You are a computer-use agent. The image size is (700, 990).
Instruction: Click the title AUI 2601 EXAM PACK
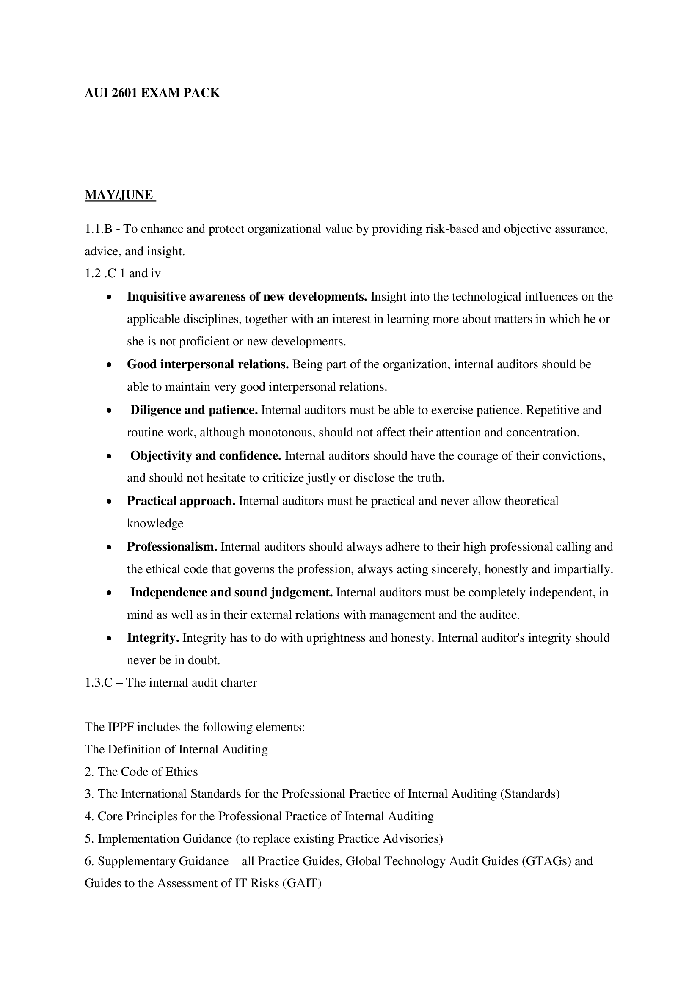pyautogui.click(x=152, y=93)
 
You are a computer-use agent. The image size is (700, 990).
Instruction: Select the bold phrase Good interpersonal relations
pyautogui.click(x=208, y=364)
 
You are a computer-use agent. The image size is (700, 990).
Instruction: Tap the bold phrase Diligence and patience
pyautogui.click(x=194, y=410)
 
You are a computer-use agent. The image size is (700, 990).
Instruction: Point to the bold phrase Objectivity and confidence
pyautogui.click(x=206, y=455)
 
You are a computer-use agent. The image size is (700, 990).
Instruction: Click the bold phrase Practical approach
pyautogui.click(x=181, y=501)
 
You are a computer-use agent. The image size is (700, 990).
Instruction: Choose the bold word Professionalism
pyautogui.click(x=172, y=547)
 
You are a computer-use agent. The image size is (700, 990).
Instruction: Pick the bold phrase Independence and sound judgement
pyautogui.click(x=231, y=593)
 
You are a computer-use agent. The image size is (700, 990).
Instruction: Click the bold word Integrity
pyautogui.click(x=153, y=638)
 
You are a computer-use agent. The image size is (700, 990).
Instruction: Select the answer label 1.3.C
pyautogui.click(x=99, y=683)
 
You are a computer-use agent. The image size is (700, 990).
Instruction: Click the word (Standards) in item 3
pyautogui.click(x=529, y=794)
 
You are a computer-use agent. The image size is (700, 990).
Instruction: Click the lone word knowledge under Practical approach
pyautogui.click(x=155, y=524)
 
